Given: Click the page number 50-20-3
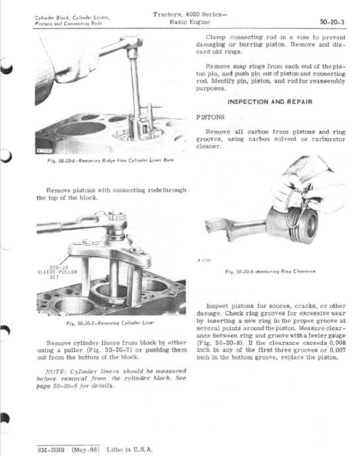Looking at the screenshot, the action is (x=332, y=22).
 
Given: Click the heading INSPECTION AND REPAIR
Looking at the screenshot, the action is (x=270, y=102).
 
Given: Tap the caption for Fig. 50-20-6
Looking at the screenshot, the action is (x=110, y=160).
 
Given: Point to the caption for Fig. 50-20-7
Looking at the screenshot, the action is (x=110, y=323).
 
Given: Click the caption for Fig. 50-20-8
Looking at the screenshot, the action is (x=270, y=272).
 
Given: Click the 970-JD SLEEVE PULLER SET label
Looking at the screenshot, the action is (x=57, y=272).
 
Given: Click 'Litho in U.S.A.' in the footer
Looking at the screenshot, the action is (x=129, y=449).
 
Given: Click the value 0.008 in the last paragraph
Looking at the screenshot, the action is (x=338, y=343).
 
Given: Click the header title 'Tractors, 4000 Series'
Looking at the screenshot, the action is (x=190, y=15).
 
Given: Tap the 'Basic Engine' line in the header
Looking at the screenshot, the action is (x=190, y=22).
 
